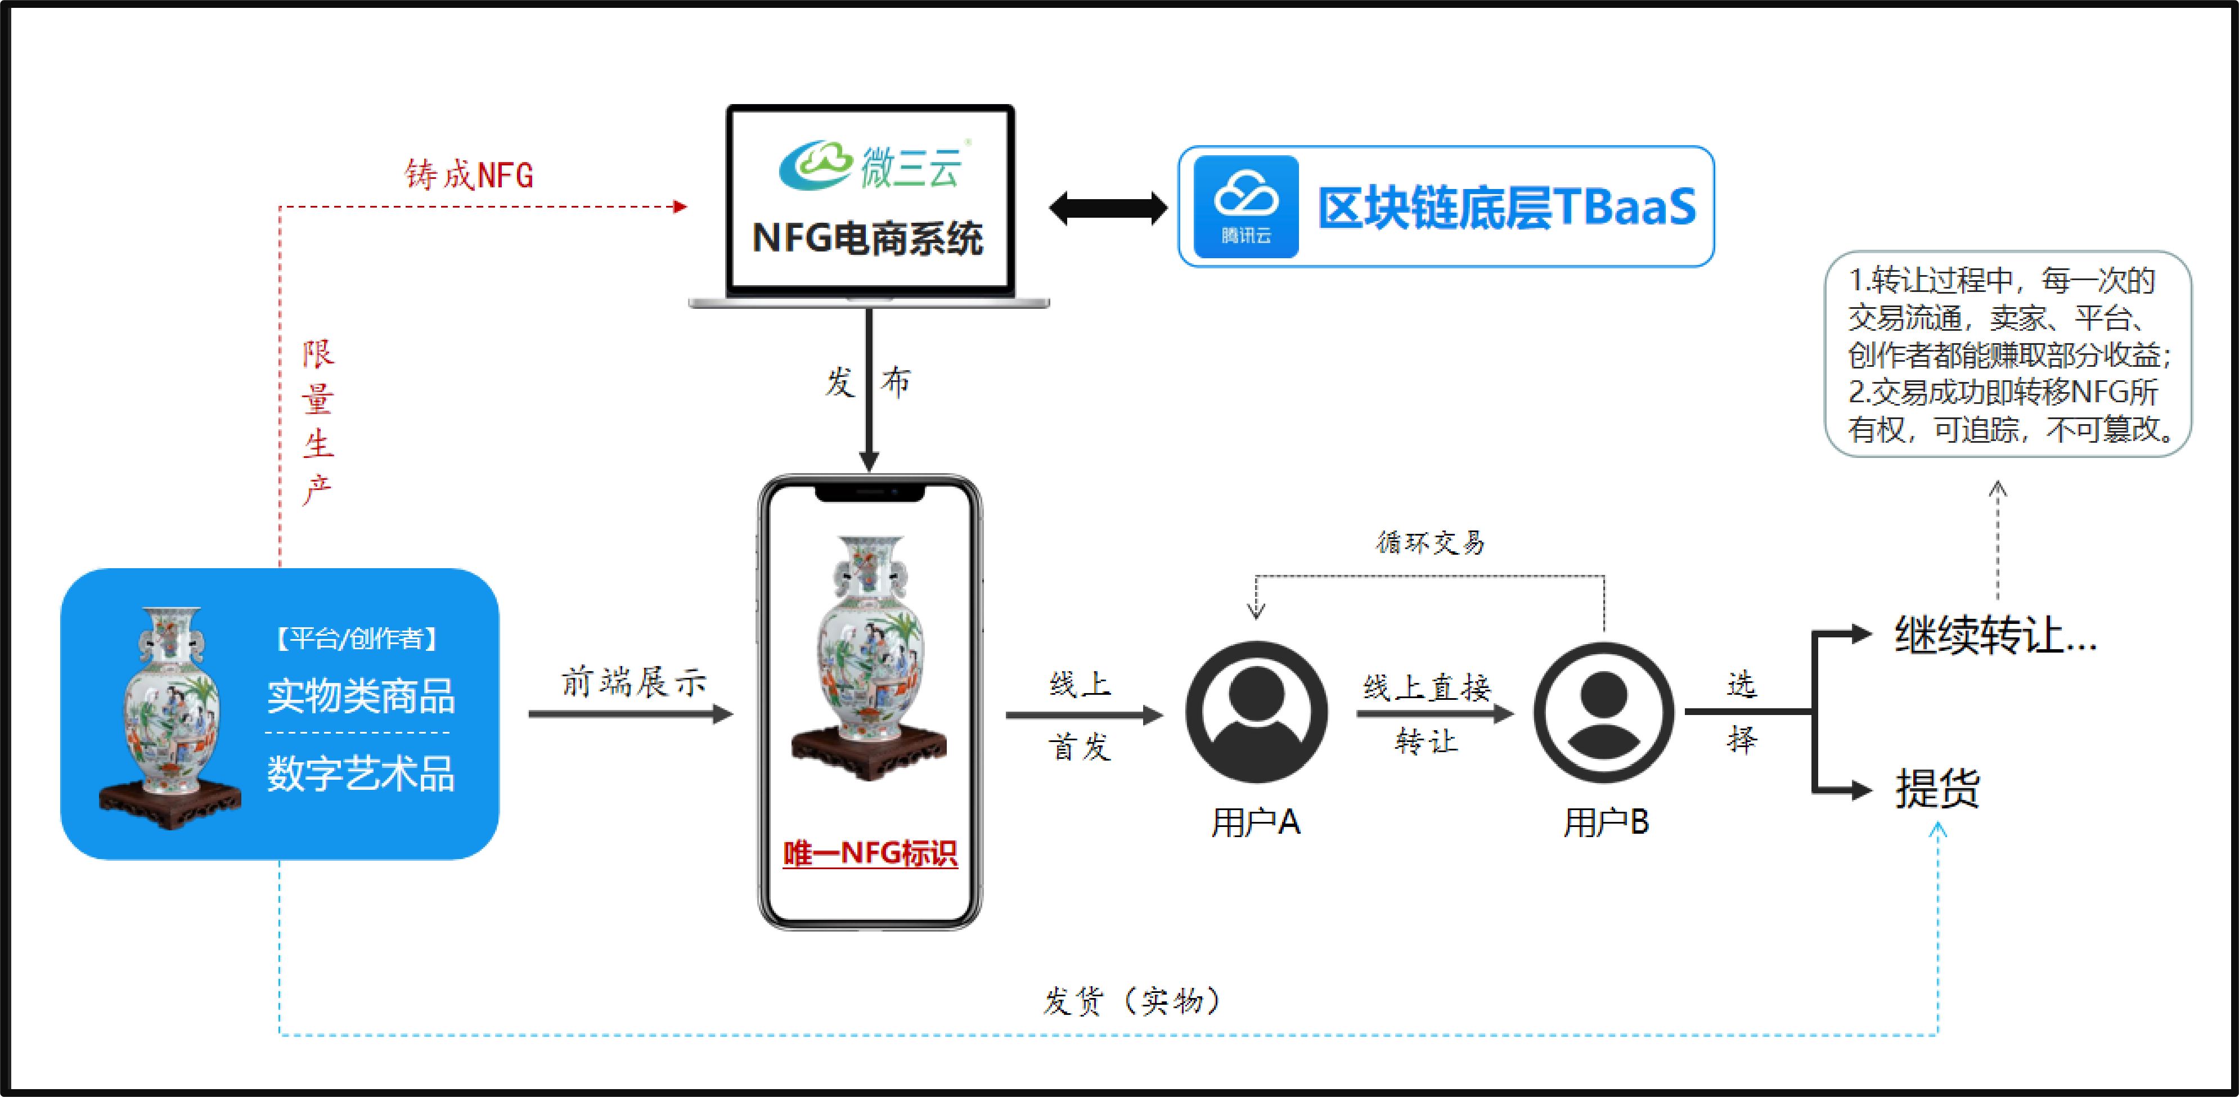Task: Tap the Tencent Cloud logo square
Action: point(1246,207)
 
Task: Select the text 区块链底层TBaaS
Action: point(1507,207)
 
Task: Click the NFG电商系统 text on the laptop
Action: point(867,238)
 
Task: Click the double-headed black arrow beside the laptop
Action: point(1108,208)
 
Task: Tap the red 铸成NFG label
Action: point(469,175)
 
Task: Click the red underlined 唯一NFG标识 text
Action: point(870,853)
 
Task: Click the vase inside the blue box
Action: point(170,718)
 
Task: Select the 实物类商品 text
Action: point(361,695)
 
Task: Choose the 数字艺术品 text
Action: point(361,773)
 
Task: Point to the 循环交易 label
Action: point(1430,542)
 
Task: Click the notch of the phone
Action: point(869,493)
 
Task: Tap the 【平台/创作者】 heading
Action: point(356,639)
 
